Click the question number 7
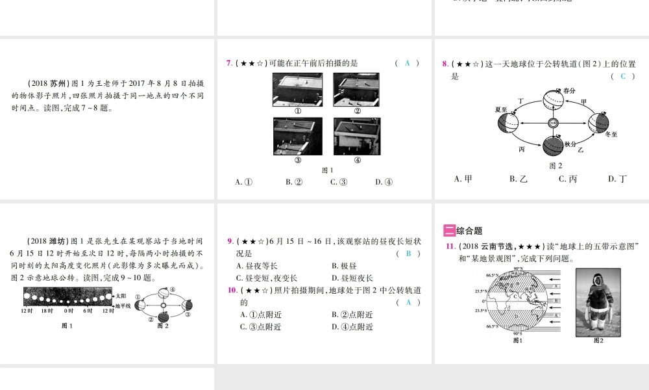tap(229, 63)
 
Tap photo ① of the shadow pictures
tap(297, 89)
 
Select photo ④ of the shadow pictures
tap(357, 136)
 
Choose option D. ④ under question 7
tap(384, 182)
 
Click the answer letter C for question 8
tap(622, 76)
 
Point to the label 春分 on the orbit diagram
tap(569, 90)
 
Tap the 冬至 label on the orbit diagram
tap(611, 135)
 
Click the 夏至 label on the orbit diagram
tap(500, 109)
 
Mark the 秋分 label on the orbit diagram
tap(570, 144)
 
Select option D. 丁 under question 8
tap(617, 179)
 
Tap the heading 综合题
tap(469, 230)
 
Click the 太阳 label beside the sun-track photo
tap(119, 296)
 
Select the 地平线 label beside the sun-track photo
tap(122, 305)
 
